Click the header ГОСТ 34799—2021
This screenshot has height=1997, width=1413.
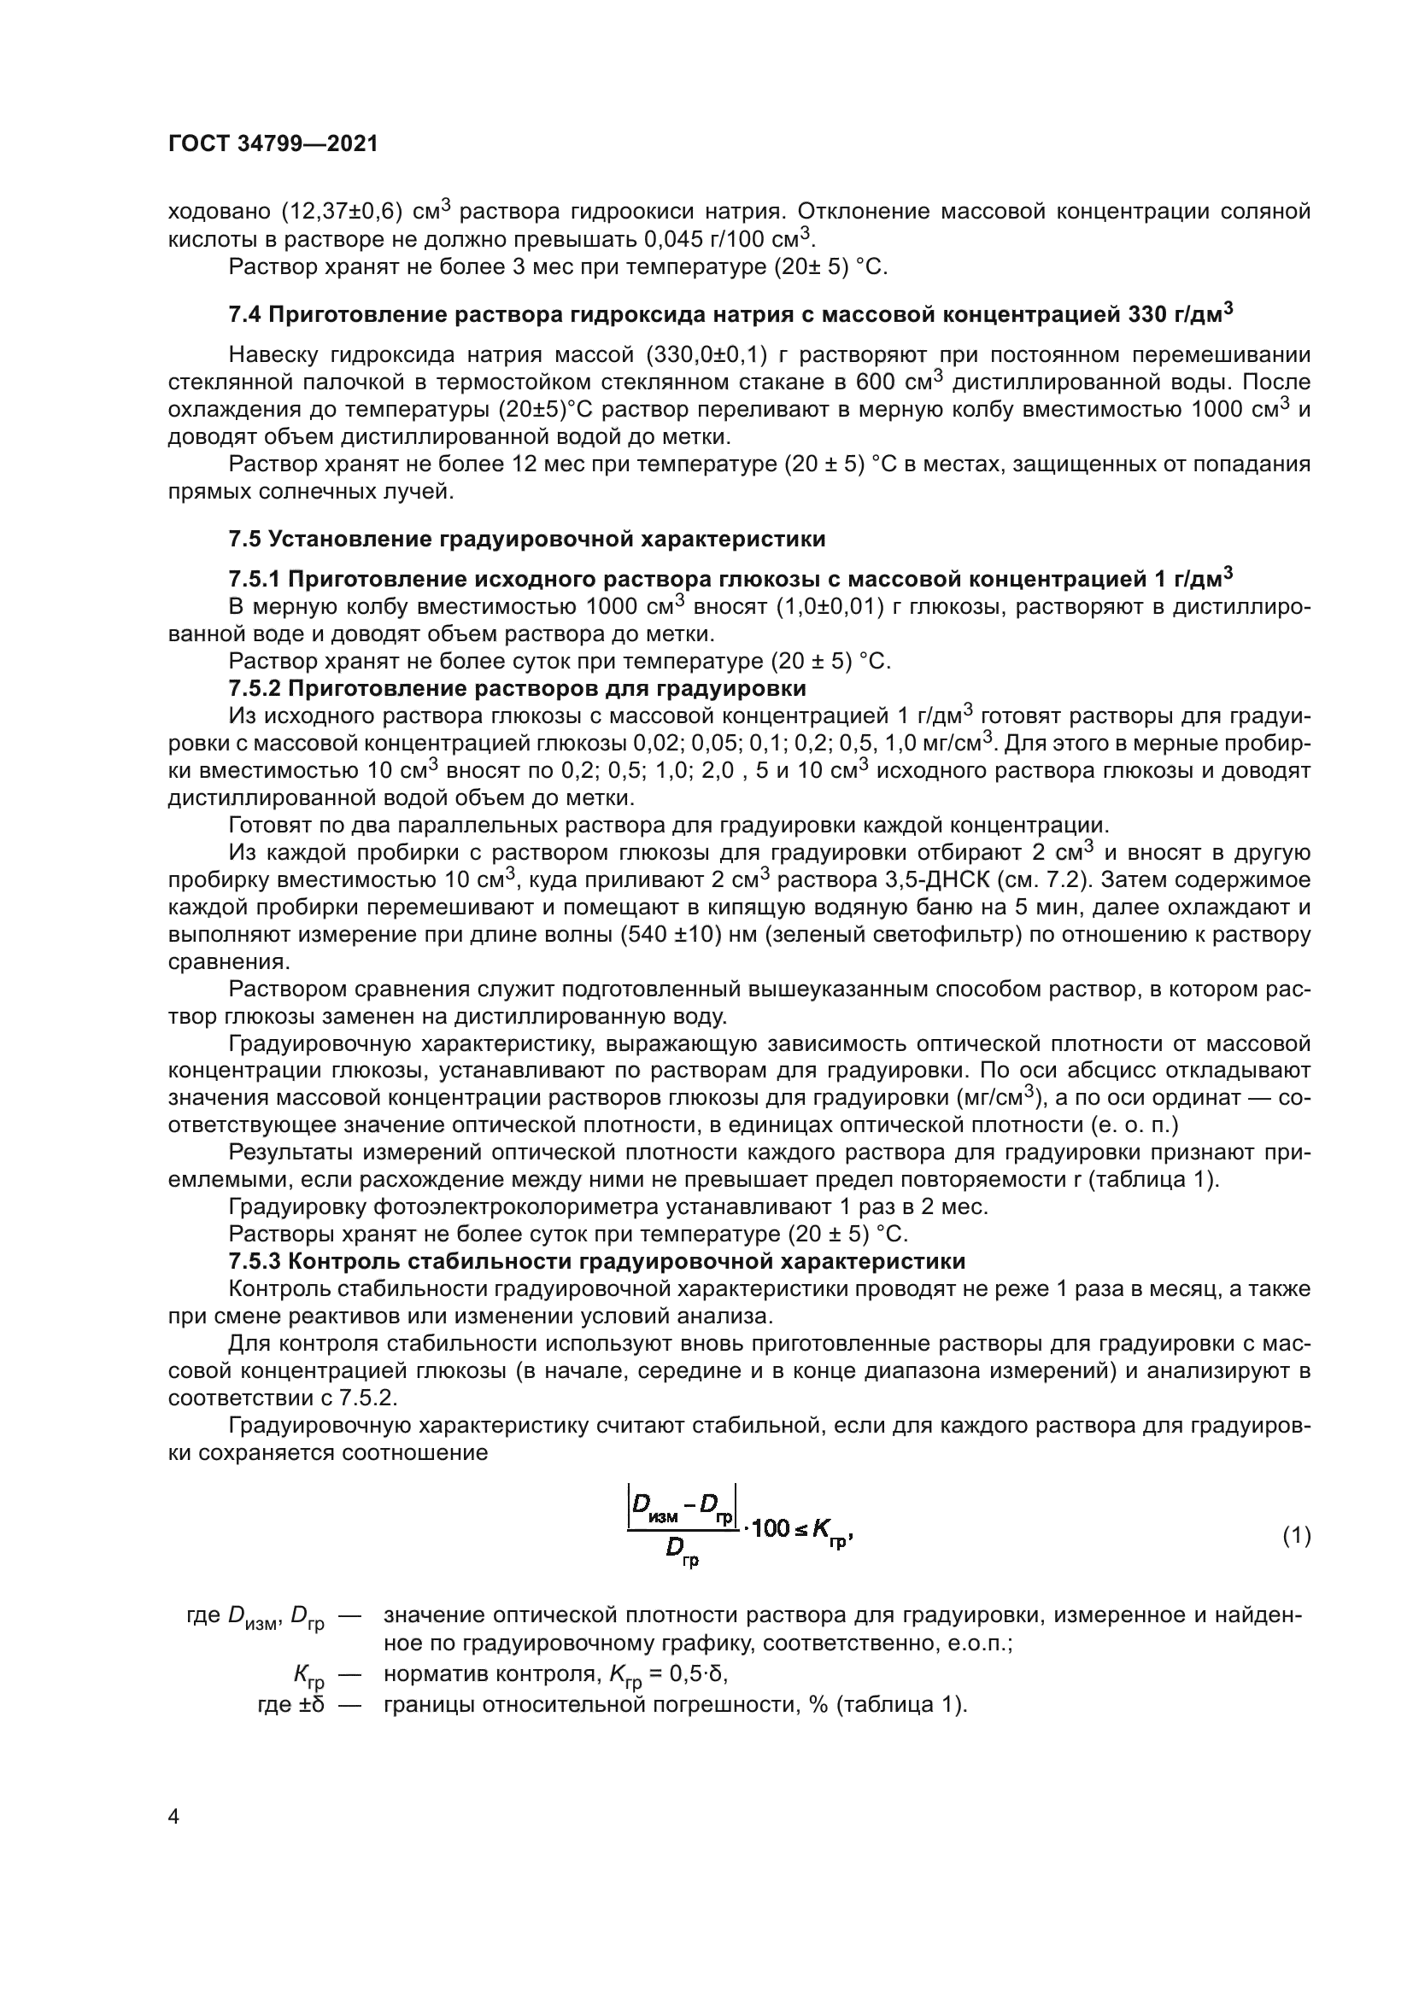[x=273, y=144]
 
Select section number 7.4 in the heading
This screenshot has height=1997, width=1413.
[x=244, y=315]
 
